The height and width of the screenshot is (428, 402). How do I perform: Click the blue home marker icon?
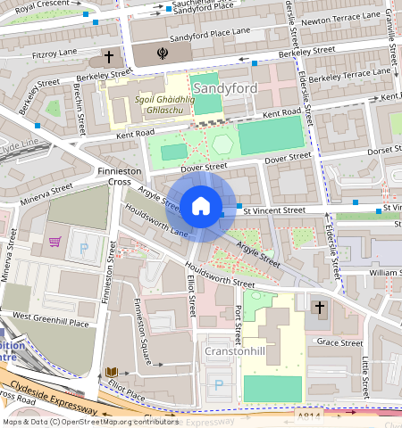[201, 207]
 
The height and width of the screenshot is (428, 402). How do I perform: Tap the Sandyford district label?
[224, 88]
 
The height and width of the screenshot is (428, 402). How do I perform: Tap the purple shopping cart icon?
[55, 241]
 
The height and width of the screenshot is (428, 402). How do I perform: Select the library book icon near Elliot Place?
[112, 370]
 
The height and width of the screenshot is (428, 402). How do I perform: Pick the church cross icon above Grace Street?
[320, 308]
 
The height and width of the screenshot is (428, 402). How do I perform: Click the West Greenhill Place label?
[50, 317]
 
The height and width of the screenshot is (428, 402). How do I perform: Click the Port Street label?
[238, 326]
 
